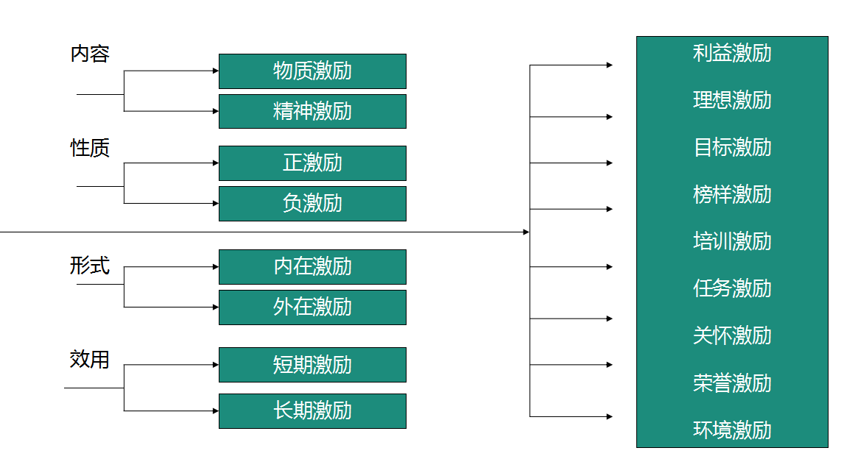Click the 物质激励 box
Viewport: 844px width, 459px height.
point(312,71)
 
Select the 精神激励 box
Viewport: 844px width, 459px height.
point(312,111)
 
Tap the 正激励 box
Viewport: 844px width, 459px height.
point(312,163)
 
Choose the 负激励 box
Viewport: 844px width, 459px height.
point(312,204)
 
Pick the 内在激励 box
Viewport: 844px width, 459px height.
point(312,266)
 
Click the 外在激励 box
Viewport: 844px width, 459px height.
point(312,307)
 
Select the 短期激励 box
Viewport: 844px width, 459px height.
point(312,365)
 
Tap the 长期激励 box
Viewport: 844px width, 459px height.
point(312,411)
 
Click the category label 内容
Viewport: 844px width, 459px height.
point(90,54)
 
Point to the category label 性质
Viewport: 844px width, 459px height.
point(90,148)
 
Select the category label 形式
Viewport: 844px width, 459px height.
point(90,266)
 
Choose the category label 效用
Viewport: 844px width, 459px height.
point(90,359)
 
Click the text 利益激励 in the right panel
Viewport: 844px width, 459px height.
point(732,53)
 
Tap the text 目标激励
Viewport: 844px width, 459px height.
point(732,147)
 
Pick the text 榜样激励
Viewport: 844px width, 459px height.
point(732,195)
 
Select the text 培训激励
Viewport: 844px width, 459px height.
point(732,241)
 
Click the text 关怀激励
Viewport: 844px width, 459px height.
point(732,336)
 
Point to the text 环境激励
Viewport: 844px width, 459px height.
point(732,430)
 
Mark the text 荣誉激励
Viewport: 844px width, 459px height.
point(732,383)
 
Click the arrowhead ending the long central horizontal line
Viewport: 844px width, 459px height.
point(527,232)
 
